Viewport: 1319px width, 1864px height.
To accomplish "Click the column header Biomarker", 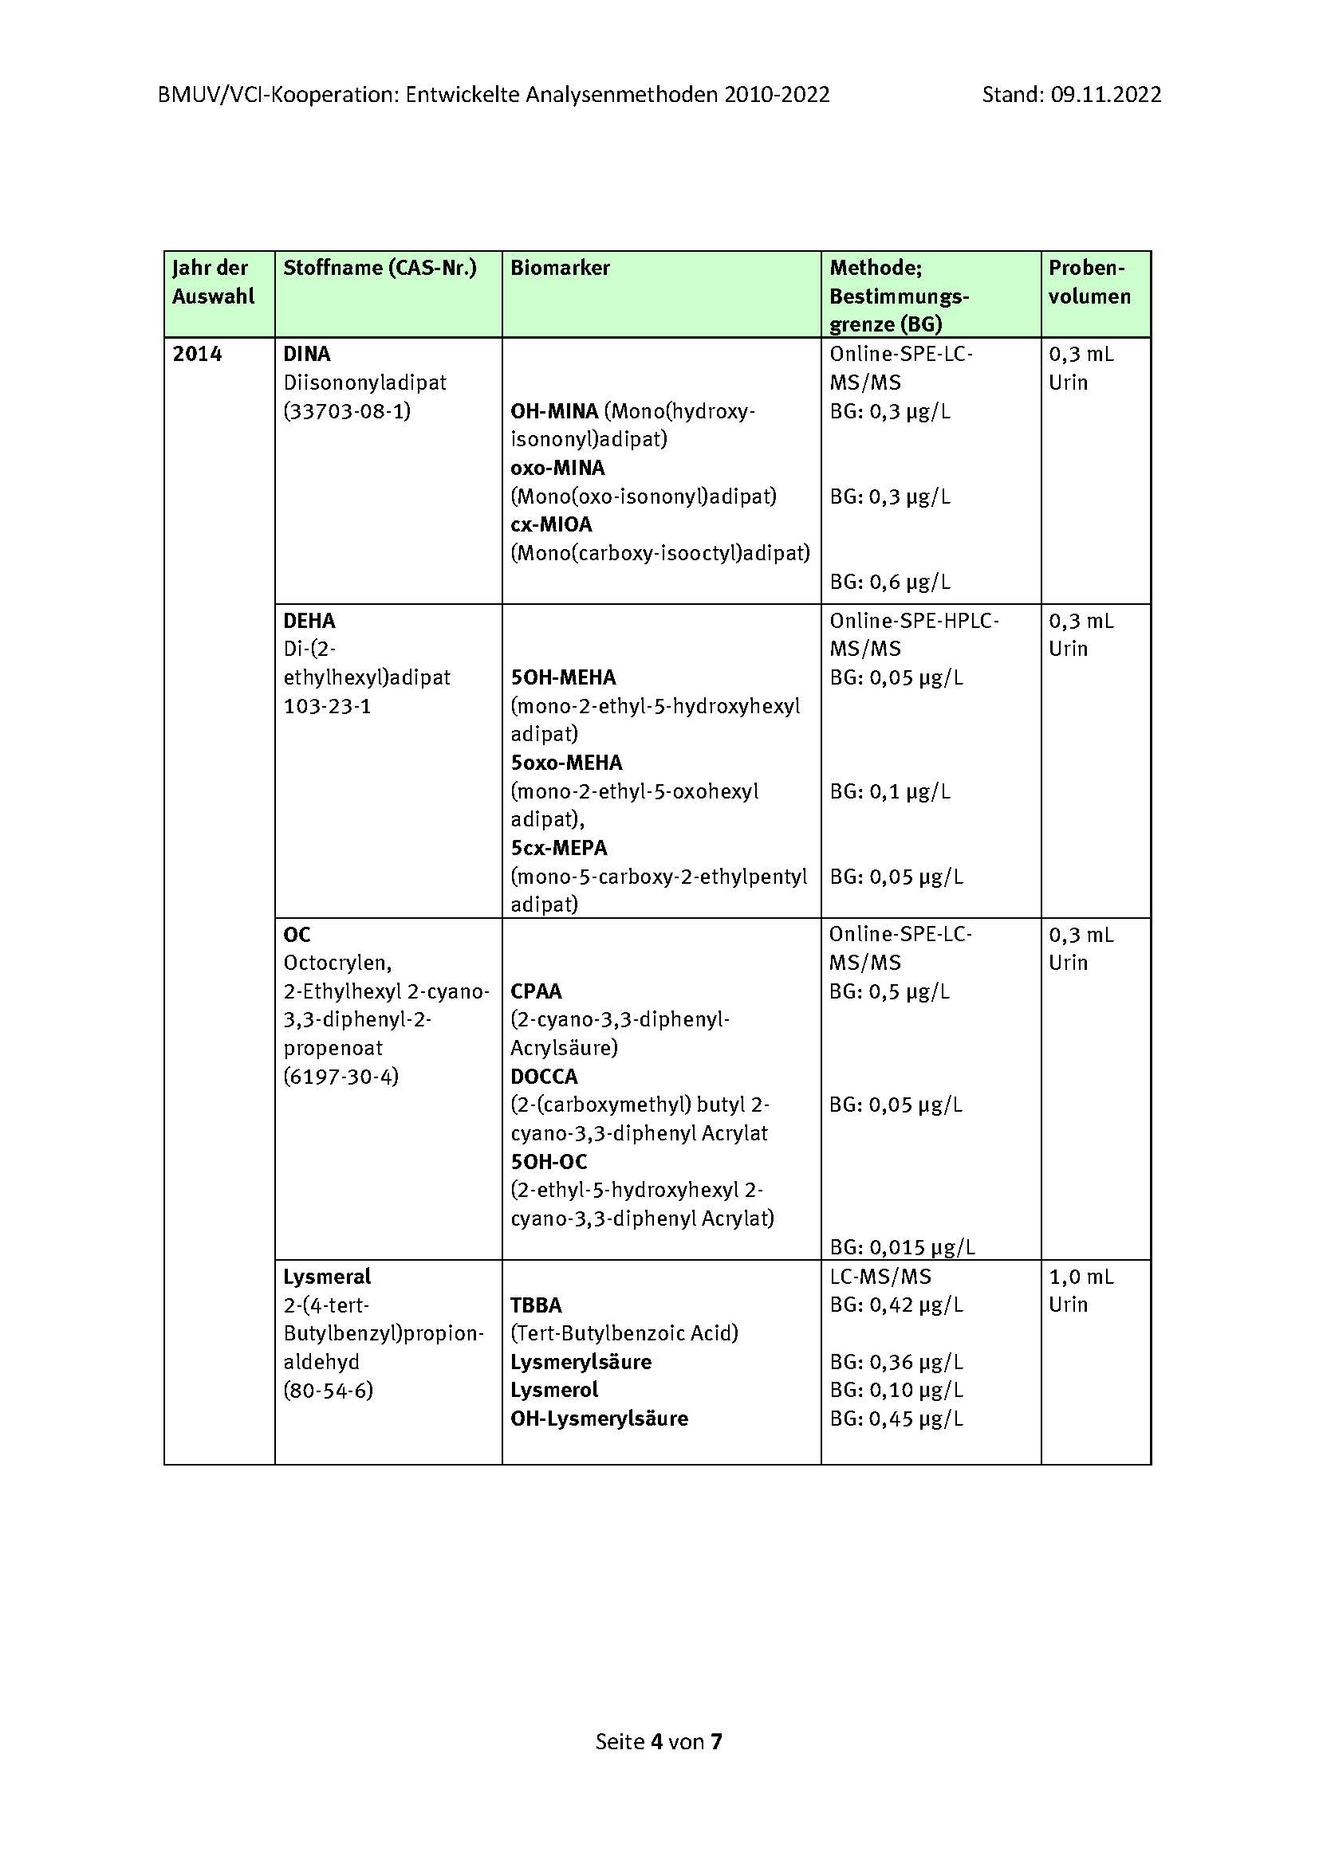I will pos(560,268).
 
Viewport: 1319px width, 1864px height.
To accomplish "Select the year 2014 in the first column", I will pos(197,354).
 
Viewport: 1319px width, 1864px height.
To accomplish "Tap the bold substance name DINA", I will pos(307,354).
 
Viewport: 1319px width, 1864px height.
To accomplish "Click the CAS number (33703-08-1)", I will pos(347,410).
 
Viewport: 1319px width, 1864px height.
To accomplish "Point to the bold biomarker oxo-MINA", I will pos(557,468).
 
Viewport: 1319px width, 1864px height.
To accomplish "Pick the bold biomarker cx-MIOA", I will pos(551,524).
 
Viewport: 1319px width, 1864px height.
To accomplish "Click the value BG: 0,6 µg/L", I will pos(889,581).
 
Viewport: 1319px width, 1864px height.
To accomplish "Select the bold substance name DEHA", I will pos(309,621).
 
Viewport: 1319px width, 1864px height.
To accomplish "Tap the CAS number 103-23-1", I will pos(326,706).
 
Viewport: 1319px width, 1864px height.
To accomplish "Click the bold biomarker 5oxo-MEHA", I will pos(566,763).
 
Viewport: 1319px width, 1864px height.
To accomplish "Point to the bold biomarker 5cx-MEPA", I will pos(559,849).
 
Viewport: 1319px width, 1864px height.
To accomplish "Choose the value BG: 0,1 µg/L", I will pos(889,791).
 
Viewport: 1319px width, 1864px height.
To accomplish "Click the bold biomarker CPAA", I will pos(536,991).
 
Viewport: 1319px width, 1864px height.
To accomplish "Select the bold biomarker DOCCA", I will pos(544,1077).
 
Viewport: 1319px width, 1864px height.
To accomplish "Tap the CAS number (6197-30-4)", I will pos(341,1077).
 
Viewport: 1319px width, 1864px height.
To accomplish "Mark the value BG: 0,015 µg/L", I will pos(902,1247).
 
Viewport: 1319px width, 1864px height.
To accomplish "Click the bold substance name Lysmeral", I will pos(326,1277).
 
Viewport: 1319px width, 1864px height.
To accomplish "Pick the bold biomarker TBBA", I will pos(536,1305).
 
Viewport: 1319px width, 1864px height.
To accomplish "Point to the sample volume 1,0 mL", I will pos(1081,1277).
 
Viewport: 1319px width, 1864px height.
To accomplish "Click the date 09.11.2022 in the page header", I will pos(1105,95).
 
